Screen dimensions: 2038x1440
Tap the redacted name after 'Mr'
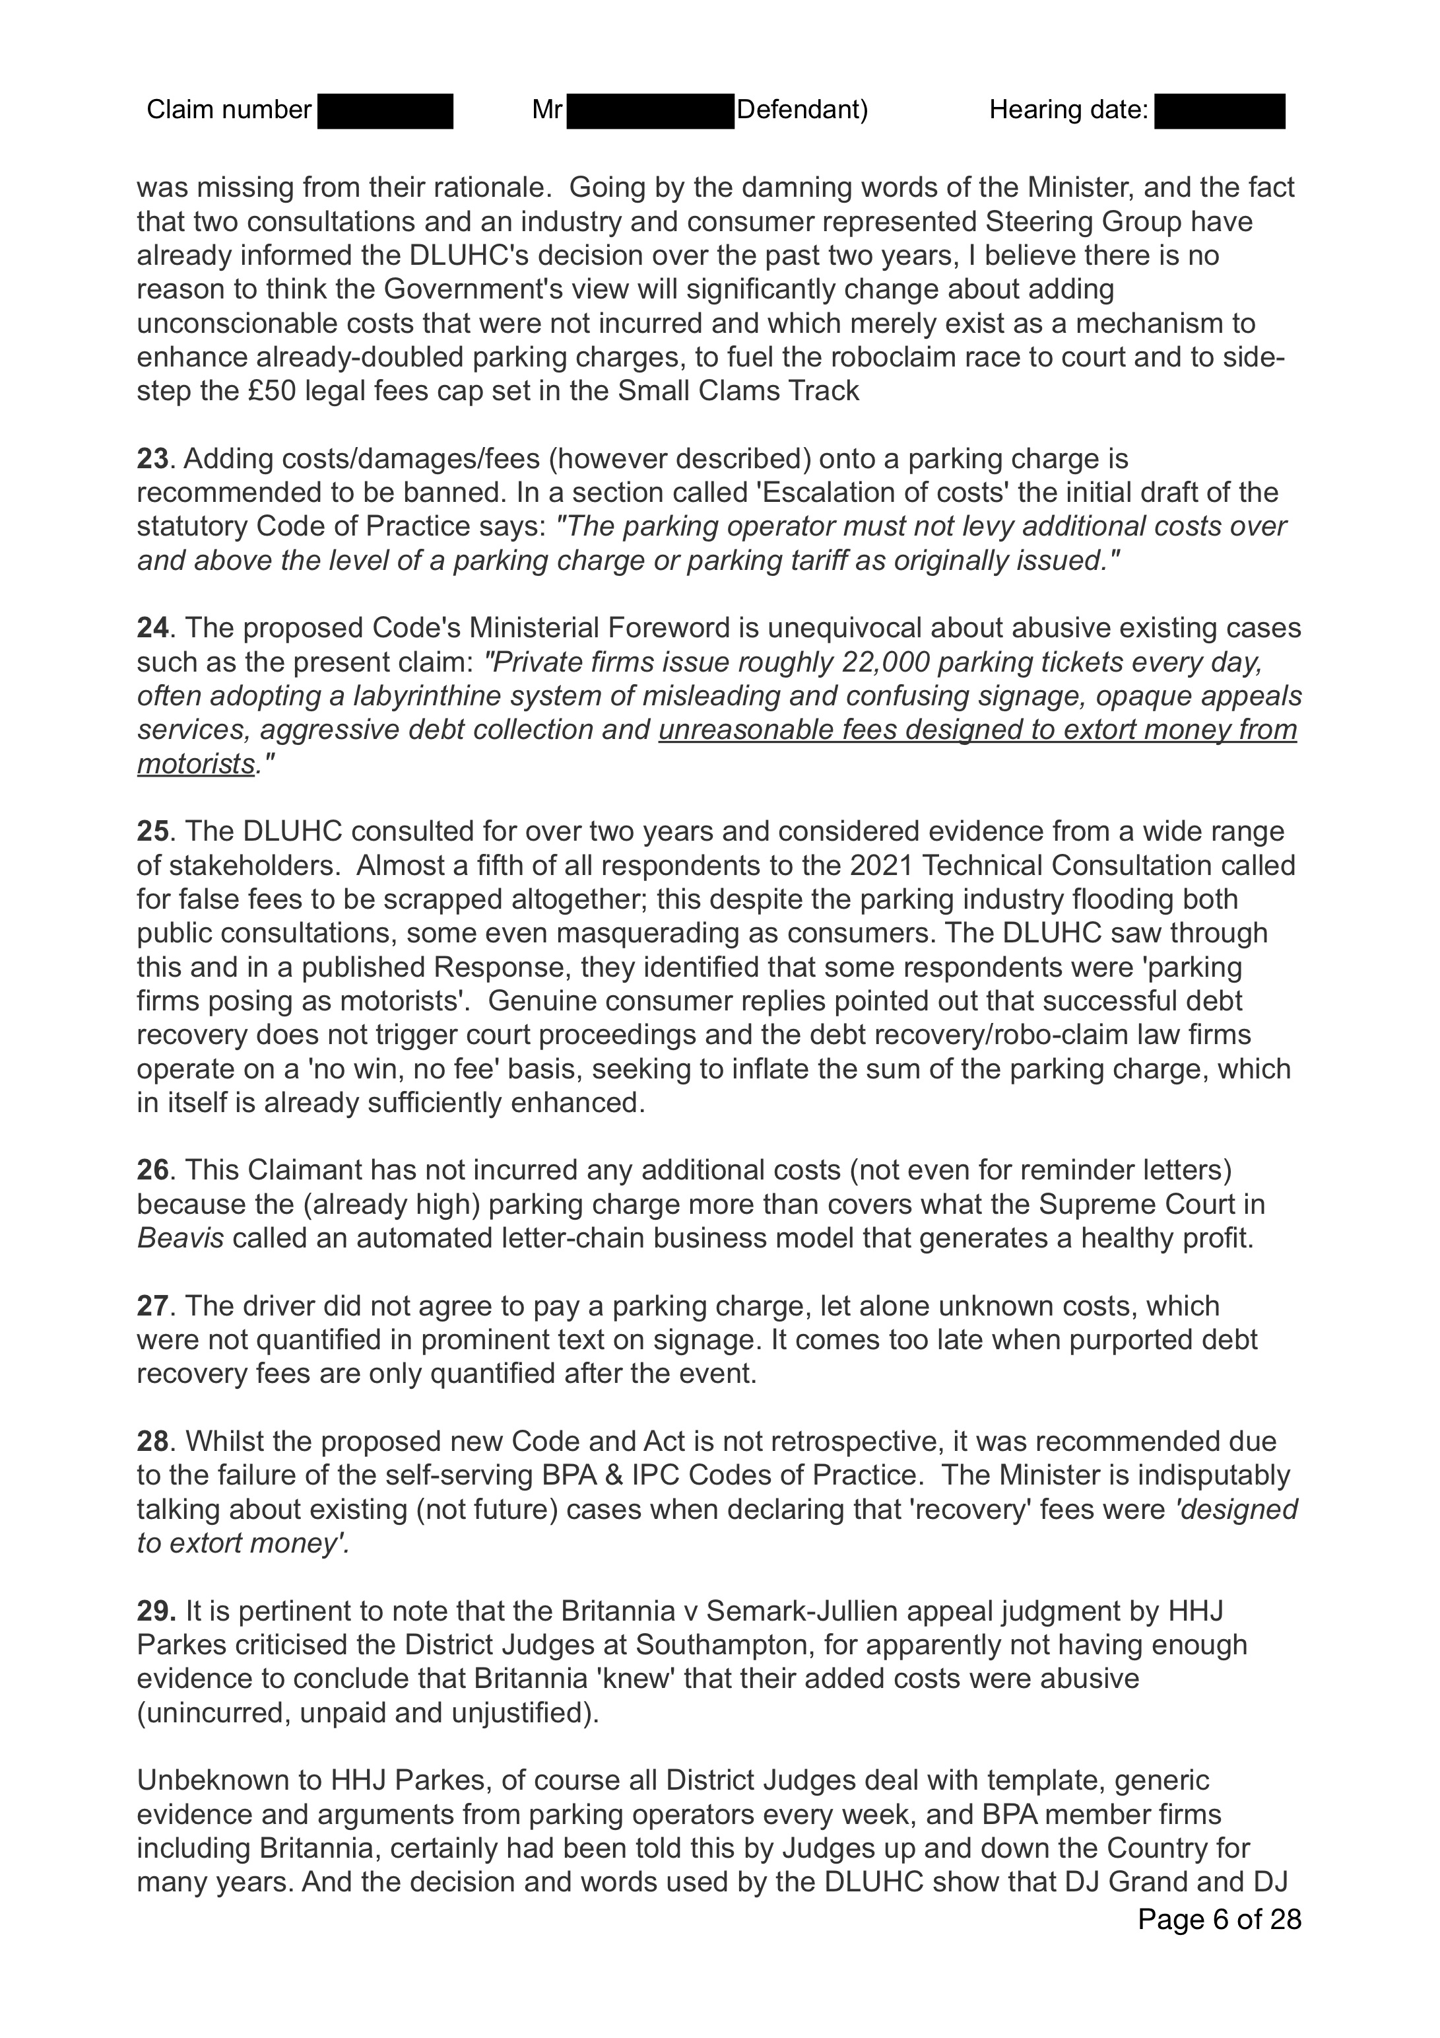[x=649, y=111]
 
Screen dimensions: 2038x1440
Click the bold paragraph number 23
[x=152, y=459]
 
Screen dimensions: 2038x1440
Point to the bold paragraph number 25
[x=152, y=831]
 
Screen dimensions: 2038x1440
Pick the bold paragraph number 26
[x=152, y=1170]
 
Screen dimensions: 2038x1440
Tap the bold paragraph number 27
[x=152, y=1306]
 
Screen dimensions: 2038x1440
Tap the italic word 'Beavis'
[x=180, y=1238]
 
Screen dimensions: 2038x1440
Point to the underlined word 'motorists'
[x=195, y=764]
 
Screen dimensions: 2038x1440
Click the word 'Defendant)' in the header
[x=802, y=110]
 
